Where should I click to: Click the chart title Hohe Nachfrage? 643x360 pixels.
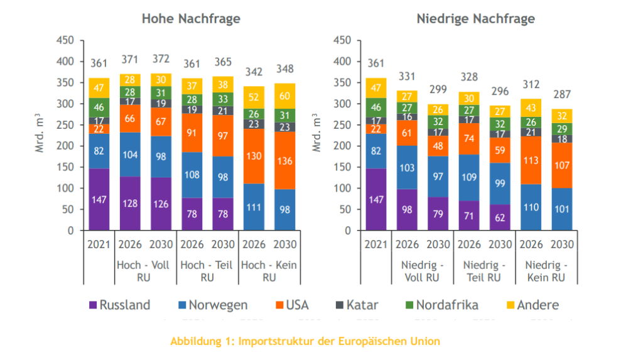coord(191,19)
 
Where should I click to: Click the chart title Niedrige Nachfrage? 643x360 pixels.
coord(475,19)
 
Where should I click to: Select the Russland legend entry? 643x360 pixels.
coord(119,305)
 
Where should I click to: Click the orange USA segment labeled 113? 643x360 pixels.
coord(531,160)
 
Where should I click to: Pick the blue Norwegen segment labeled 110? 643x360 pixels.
coord(531,207)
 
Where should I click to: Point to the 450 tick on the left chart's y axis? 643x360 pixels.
coord(66,40)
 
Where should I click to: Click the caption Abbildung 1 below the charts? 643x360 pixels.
coord(305,342)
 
